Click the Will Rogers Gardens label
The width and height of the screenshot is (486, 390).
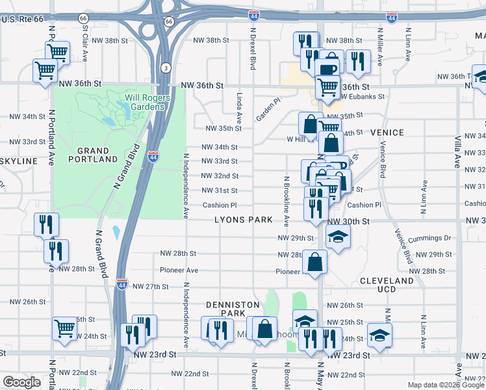(147, 103)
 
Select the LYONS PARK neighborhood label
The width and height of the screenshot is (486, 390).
(244, 220)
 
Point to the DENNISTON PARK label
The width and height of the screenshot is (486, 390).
(233, 309)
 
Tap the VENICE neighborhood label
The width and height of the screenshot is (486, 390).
(387, 133)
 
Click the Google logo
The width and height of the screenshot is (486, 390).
(21, 382)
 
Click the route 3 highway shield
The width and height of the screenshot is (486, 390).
(166, 68)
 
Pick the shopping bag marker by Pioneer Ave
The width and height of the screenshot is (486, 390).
(314, 262)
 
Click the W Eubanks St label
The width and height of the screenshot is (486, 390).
(361, 96)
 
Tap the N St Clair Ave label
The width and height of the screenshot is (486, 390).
(83, 39)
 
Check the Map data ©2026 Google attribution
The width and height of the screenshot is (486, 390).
(446, 385)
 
